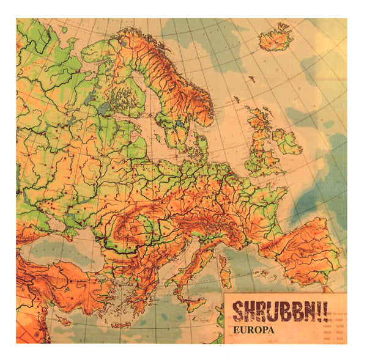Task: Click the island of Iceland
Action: (276, 39)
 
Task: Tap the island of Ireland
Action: (287, 142)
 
